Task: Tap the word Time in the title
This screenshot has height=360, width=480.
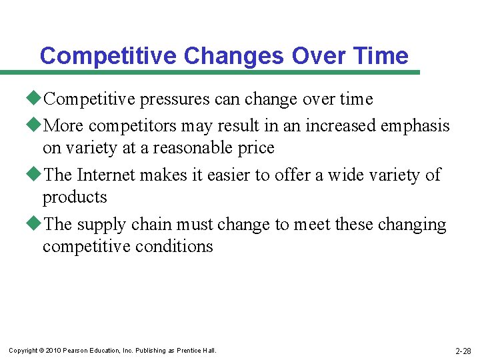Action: coord(378,55)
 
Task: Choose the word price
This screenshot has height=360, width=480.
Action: coord(257,147)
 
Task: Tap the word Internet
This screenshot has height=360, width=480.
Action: coord(107,175)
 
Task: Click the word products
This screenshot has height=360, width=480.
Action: coord(75,197)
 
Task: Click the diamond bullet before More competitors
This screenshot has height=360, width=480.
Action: coord(37,125)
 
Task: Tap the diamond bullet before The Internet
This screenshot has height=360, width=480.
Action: coord(37,174)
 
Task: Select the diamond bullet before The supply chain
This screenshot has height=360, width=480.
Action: coord(37,224)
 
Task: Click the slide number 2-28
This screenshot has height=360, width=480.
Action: coord(463,351)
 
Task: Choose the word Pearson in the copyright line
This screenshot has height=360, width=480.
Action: coord(74,351)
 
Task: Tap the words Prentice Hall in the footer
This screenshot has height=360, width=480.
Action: coord(196,351)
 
